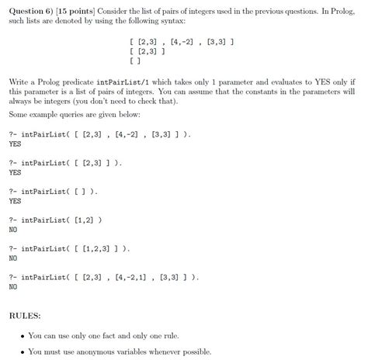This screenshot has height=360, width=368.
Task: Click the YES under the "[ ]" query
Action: click(15, 201)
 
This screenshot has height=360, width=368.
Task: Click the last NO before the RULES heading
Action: click(12, 286)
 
